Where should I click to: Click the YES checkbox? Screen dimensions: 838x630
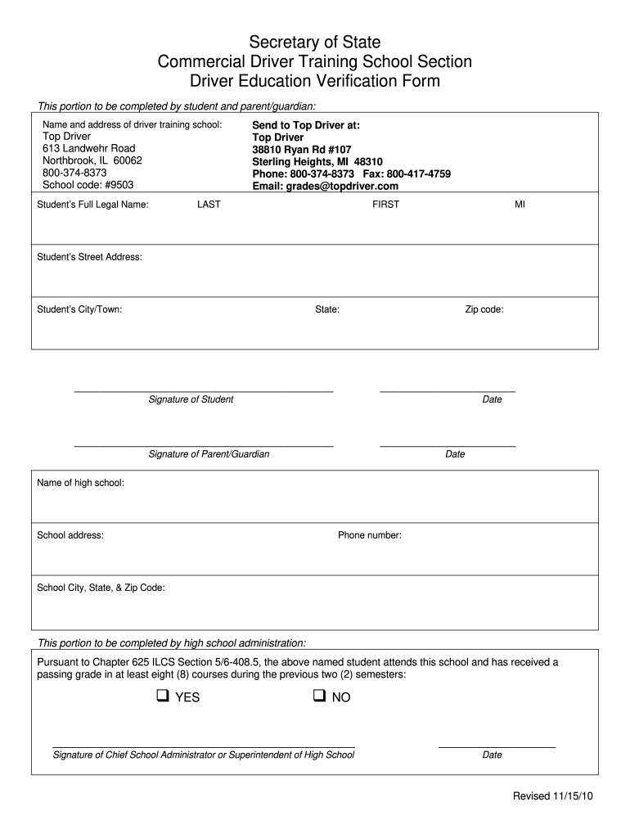pos(162,696)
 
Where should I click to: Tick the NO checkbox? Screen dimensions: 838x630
pos(318,696)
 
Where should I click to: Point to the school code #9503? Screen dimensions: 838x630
pos(88,185)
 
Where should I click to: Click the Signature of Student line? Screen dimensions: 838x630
pos(204,391)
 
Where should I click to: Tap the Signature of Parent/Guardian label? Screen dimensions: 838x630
pos(209,454)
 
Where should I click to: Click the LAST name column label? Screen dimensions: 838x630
pos(209,205)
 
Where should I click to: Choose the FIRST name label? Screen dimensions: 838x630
pos(385,205)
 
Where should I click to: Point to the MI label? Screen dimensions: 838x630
pos(520,205)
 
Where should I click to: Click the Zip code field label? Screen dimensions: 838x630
pos(484,309)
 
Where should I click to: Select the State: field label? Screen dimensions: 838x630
pos(327,309)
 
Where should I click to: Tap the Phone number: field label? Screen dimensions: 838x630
pos(370,535)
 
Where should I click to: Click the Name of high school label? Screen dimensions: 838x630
pos(81,483)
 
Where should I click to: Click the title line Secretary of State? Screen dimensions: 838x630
pos(315,42)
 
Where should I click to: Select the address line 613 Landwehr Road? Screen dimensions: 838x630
pos(88,148)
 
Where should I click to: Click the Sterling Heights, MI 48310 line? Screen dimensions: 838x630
pos(317,162)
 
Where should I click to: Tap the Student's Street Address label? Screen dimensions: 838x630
pos(90,257)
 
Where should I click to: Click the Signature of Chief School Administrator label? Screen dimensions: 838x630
pos(204,755)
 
